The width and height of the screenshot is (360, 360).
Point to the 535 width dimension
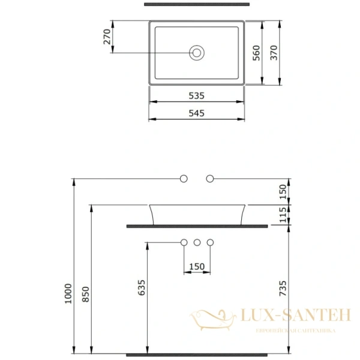[197, 95]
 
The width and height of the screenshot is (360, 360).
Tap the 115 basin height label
[283, 215]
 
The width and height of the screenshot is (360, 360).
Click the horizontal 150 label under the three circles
[197, 266]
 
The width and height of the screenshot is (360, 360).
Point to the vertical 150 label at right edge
[283, 191]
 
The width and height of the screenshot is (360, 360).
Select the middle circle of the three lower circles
[197, 242]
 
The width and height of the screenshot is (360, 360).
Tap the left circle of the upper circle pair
[184, 178]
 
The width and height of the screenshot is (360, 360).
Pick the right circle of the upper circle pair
[210, 178]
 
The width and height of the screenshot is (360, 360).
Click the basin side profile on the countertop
[197, 214]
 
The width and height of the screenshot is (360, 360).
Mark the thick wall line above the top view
[197, 4]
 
